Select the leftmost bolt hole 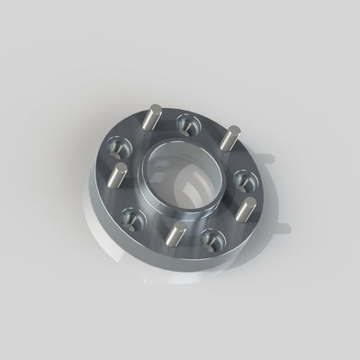118,144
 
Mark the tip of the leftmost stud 119,168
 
